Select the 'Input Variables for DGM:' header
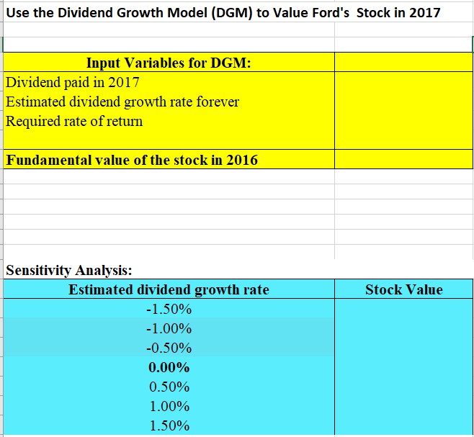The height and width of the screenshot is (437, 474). tap(169, 63)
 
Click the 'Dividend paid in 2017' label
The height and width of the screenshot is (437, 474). tap(73, 82)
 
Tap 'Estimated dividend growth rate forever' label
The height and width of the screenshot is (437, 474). tap(122, 102)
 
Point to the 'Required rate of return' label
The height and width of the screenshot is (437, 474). tap(74, 121)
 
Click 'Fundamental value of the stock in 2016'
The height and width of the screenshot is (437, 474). tap(131, 160)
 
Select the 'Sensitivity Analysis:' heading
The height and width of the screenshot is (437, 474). tap(68, 271)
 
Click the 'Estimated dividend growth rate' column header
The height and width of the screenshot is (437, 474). tap(169, 290)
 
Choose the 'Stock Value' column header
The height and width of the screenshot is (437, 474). tap(403, 290)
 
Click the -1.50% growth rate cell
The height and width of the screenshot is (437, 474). tap(169, 310)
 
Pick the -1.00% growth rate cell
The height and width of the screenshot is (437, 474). tap(169, 329)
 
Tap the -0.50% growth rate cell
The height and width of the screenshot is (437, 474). tap(169, 348)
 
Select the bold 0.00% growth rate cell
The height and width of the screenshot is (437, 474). tap(169, 368)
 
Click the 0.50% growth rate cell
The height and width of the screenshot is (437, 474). tap(169, 387)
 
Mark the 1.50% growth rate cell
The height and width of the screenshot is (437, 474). tap(169, 425)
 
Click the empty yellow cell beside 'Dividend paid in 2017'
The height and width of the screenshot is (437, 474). tap(403, 82)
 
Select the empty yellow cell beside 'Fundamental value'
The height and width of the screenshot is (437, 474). tap(403, 160)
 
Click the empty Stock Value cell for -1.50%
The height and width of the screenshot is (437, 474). tap(403, 310)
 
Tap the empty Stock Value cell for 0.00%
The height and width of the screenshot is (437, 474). tap(403, 368)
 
